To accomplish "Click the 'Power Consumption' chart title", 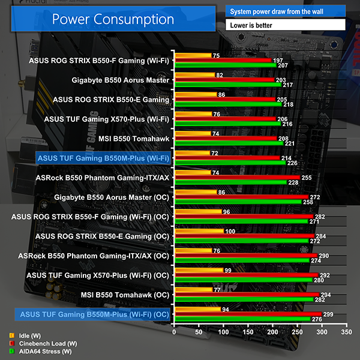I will pos(113,19).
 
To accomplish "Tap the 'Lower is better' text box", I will pos(286,25).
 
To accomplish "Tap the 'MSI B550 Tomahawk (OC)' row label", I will pos(125,295).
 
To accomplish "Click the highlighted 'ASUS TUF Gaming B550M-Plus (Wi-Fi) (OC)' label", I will pos(94,314).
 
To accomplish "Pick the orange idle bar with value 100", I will pos(199,230).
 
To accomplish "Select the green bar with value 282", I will pos(243,299).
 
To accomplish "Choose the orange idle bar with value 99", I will pos(199,270).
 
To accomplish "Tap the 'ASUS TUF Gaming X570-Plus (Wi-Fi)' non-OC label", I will pos(107,119).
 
